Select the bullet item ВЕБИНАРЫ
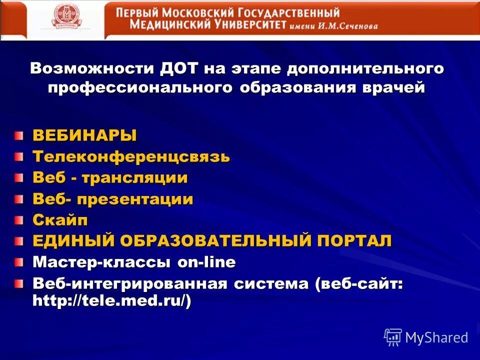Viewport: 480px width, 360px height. click(84, 135)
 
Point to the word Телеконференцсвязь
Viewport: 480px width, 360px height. click(131, 156)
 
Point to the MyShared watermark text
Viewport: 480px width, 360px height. click(436, 337)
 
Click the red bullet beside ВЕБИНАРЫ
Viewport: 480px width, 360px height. click(18, 135)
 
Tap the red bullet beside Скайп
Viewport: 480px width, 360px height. click(18, 219)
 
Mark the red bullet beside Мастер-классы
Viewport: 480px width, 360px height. click(18, 262)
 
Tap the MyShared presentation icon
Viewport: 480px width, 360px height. click(393, 337)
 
